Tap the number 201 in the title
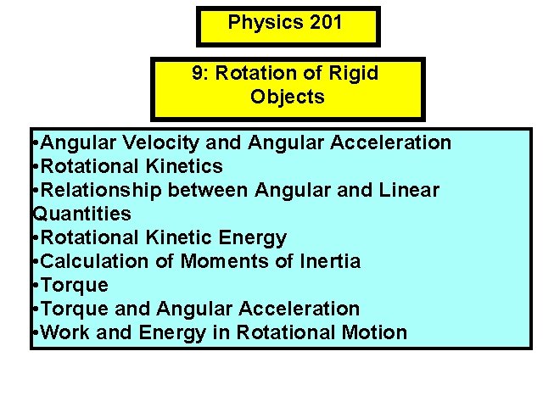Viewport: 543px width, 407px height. (327, 22)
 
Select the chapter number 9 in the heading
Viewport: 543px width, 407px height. (198, 73)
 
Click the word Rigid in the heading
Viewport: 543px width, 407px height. (355, 73)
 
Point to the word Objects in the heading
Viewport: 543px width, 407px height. (288, 97)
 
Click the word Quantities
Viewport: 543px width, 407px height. (81, 214)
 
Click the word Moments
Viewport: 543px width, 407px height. (224, 261)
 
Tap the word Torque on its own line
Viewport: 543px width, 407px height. (74, 285)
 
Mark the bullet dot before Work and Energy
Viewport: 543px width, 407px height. (33, 333)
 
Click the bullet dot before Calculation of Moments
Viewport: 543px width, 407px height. (33, 262)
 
